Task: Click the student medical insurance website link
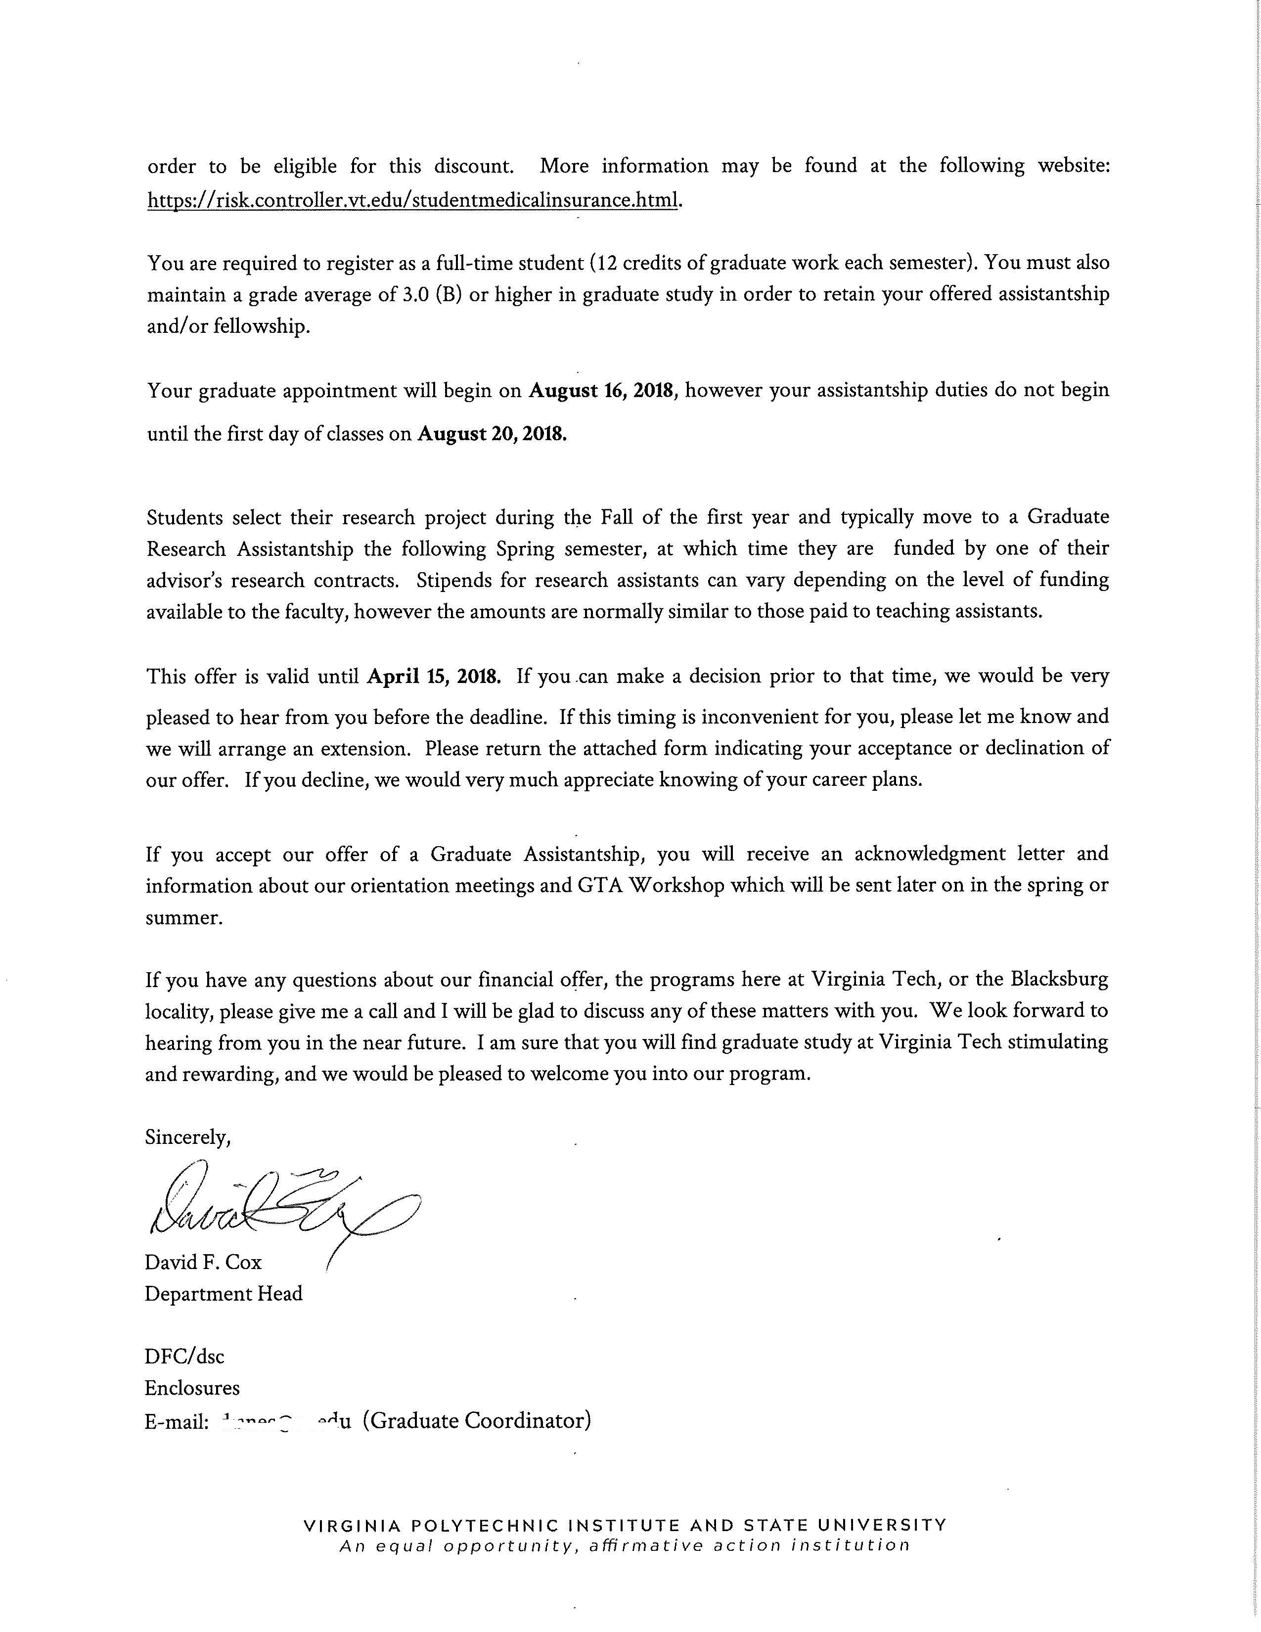(x=414, y=200)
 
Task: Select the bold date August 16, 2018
(x=602, y=391)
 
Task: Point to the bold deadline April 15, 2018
(x=433, y=676)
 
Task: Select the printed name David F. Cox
(x=203, y=1262)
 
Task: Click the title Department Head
(x=224, y=1294)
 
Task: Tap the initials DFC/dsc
(x=184, y=1356)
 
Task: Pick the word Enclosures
(x=192, y=1388)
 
